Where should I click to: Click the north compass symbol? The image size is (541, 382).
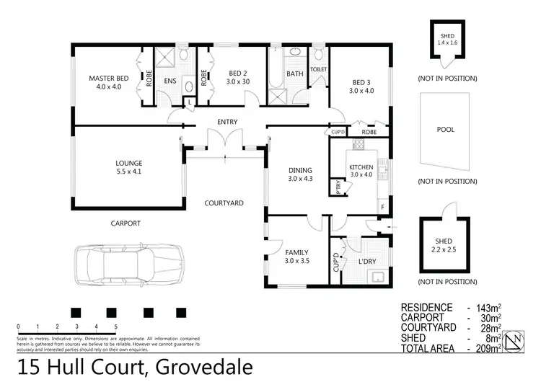coord(515,341)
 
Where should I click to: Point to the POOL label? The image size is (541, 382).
coord(445,130)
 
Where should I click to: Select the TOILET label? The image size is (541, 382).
coord(318,69)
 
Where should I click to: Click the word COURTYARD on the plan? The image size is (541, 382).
coord(223,203)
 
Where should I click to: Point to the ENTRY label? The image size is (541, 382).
coord(227,122)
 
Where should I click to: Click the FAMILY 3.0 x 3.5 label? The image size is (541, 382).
coord(296,257)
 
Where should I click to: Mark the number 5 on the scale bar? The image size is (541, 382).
coord(115,327)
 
